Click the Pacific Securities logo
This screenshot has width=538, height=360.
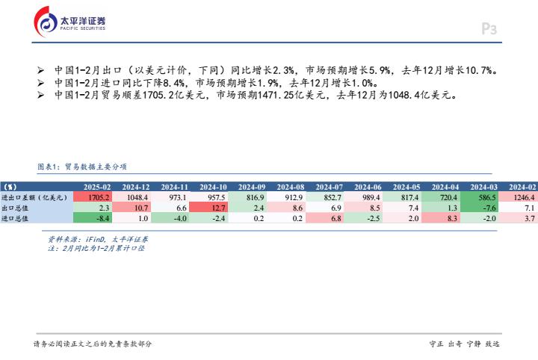(x=69, y=22)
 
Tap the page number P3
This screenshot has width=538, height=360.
(x=489, y=29)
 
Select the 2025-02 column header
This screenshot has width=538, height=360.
(x=97, y=187)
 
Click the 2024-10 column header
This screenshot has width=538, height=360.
(x=213, y=187)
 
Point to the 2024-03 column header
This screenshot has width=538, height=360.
(x=483, y=187)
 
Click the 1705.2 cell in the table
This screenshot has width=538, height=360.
(x=93, y=197)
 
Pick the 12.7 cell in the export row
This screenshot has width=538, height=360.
(x=208, y=208)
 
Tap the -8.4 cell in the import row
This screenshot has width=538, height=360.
(x=93, y=218)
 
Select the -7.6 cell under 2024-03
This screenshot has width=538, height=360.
(x=479, y=208)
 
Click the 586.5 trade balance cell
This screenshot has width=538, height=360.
(x=479, y=197)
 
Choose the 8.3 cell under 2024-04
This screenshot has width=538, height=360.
(x=441, y=218)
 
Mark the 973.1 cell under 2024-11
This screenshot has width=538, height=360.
(x=170, y=197)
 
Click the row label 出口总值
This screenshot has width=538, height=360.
(x=15, y=208)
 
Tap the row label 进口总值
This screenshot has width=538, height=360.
(x=15, y=218)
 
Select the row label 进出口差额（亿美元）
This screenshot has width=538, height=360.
(x=34, y=197)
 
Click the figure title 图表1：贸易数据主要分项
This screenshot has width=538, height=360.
(x=82, y=167)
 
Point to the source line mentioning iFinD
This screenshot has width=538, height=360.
(x=98, y=239)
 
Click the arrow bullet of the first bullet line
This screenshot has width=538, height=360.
(x=40, y=70)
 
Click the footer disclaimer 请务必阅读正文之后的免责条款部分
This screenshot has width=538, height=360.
(x=93, y=344)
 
